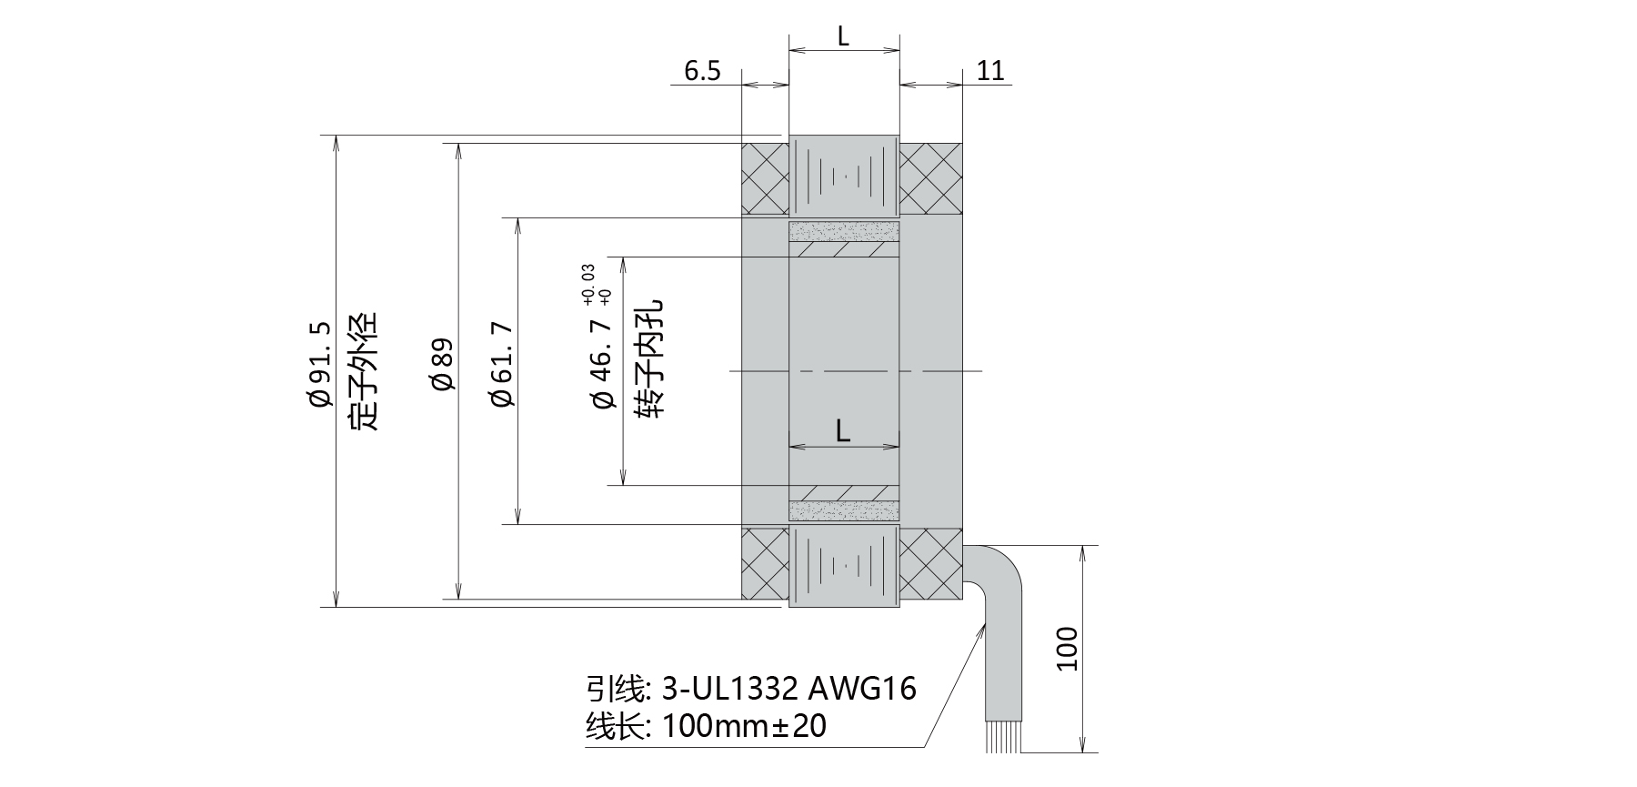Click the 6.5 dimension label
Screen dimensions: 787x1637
[x=702, y=71]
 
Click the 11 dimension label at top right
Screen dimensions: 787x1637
[x=990, y=71]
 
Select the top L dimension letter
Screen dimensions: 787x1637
[x=843, y=36]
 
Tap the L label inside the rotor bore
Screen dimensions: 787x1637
[x=843, y=431]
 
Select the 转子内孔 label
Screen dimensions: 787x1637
[x=652, y=359]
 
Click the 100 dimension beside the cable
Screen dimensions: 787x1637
[x=1067, y=649]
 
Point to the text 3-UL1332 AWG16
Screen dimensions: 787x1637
[x=788, y=689]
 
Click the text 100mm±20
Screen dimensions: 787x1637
[x=744, y=727]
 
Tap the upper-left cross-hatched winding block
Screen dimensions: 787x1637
[x=765, y=178]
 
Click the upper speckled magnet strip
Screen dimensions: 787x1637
[x=844, y=231]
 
